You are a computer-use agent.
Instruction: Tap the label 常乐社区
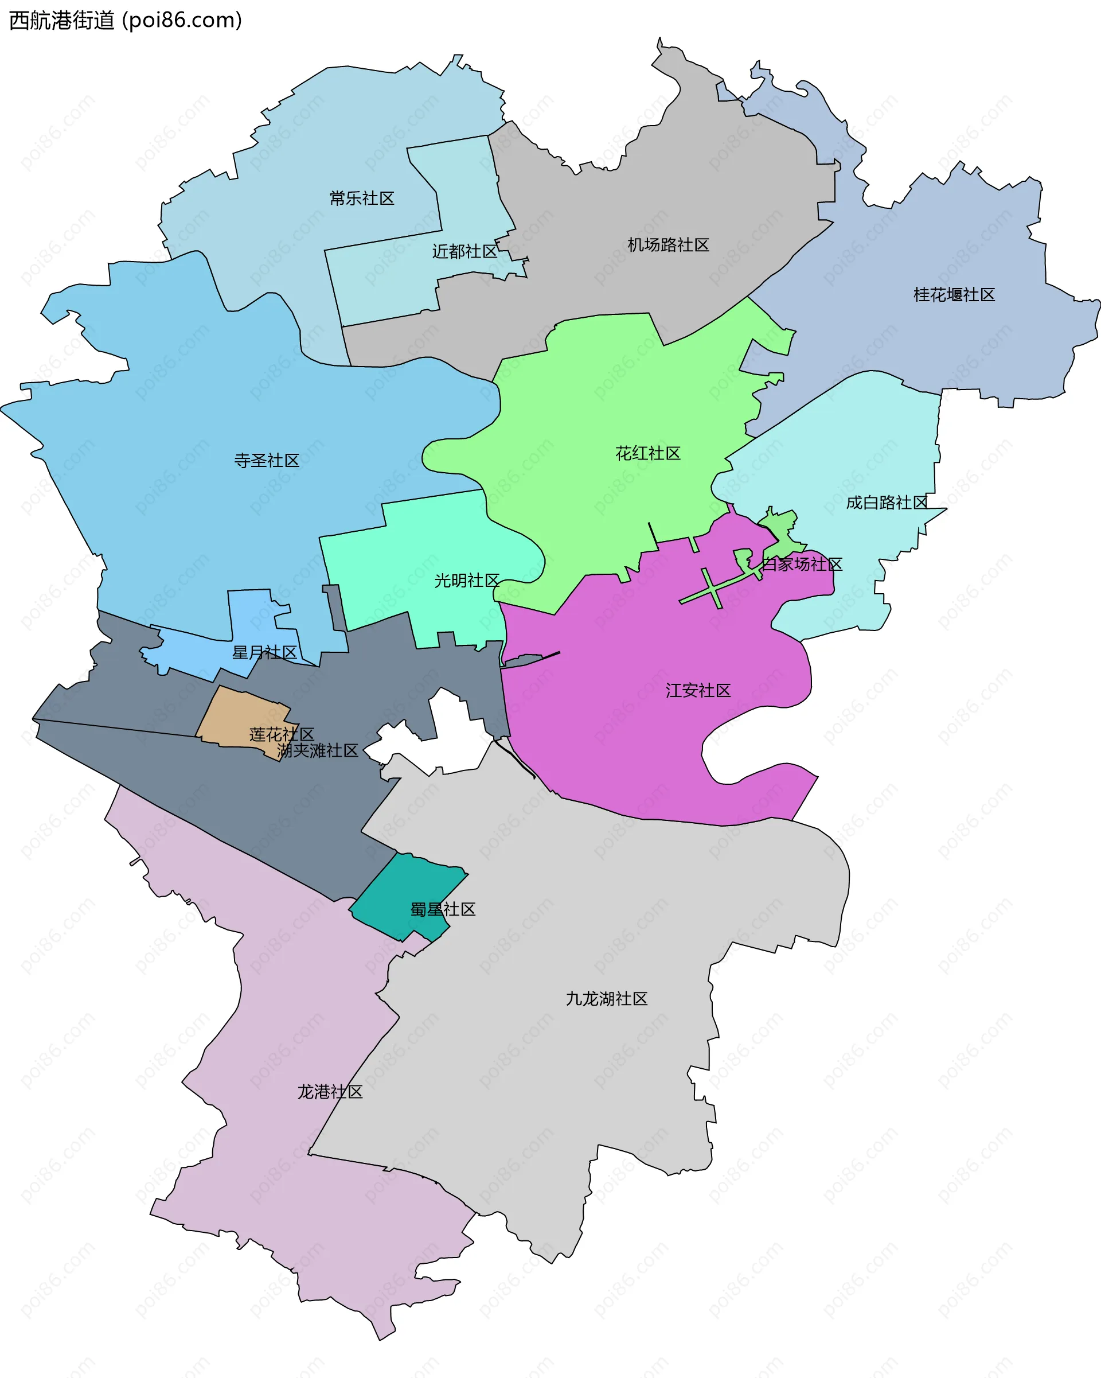click(362, 198)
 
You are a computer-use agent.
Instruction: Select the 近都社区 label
click(464, 251)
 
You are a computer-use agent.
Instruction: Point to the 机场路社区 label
click(667, 245)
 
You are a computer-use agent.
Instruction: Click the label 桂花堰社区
click(954, 295)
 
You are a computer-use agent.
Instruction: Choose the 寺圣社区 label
click(267, 460)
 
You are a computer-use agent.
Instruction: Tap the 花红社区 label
click(648, 453)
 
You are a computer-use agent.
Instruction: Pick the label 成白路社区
click(887, 503)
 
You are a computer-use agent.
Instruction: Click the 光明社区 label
click(466, 581)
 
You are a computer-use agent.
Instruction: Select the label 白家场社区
click(802, 565)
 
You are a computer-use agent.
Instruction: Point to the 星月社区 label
click(264, 652)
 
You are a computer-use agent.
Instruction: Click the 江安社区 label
click(698, 690)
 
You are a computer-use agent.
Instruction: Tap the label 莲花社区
click(282, 734)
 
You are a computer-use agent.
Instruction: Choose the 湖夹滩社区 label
click(318, 750)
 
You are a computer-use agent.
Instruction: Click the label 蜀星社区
click(443, 909)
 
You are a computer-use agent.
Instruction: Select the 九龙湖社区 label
click(607, 998)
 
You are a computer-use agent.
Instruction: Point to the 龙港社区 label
click(330, 1092)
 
